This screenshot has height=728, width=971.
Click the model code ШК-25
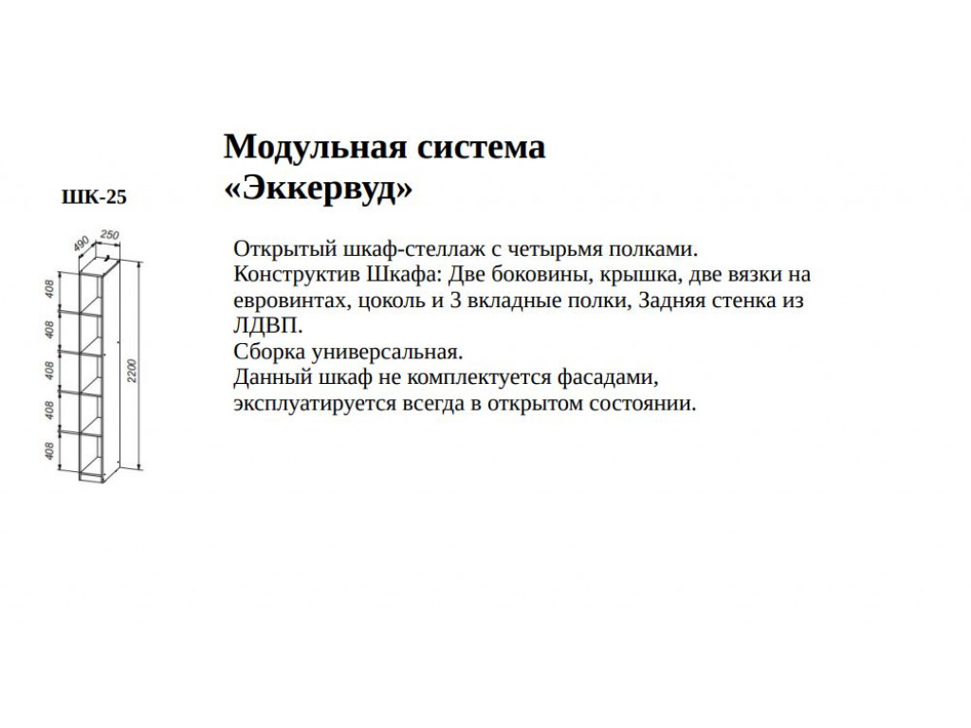[93, 197]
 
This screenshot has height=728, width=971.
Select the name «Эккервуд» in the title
[318, 189]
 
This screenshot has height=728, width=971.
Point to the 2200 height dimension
[133, 370]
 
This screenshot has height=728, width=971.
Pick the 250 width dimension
[108, 235]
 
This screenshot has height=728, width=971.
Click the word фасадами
[612, 378]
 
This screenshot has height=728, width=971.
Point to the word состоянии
[649, 404]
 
